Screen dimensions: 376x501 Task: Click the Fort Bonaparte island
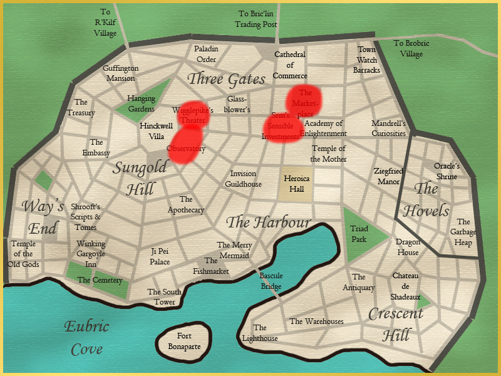185,340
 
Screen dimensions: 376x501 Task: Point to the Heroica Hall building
297,183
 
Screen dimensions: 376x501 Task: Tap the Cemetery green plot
99,279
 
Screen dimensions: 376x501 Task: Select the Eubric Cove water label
86,337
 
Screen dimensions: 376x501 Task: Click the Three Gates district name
227,78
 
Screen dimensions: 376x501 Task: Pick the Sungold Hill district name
140,177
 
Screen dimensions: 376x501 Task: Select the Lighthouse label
260,333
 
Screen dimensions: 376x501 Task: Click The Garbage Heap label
463,232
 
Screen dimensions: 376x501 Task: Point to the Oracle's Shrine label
447,171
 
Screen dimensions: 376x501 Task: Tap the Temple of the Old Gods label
23,254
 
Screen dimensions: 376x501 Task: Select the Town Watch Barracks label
366,60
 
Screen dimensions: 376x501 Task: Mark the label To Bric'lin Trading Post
257,19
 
